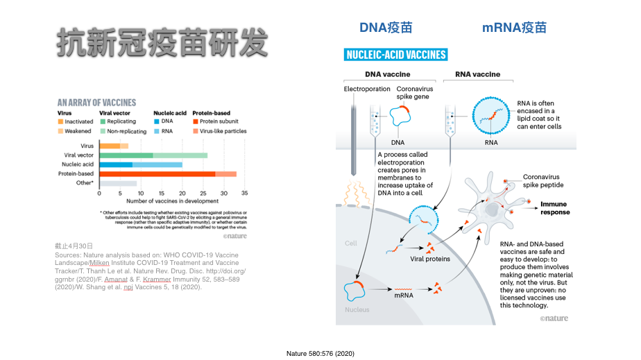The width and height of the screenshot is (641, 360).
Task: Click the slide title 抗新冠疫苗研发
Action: (161, 43)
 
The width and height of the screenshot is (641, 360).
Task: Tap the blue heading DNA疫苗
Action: (385, 28)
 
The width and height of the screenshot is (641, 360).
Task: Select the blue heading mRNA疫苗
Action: (514, 28)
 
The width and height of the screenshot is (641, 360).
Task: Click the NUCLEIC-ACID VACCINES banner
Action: (396, 55)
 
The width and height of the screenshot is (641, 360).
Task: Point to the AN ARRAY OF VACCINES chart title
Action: (97, 101)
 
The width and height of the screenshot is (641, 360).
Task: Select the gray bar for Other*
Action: (118, 183)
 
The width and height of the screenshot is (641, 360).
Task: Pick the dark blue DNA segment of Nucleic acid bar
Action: (116, 164)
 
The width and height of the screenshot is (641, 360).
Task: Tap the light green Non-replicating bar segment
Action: (180, 155)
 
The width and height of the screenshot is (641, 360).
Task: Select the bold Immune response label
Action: (555, 208)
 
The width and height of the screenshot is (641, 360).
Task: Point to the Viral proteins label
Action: (430, 259)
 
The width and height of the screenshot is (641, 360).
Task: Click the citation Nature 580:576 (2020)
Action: (320, 354)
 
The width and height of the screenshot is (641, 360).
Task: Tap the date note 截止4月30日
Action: (74, 246)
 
